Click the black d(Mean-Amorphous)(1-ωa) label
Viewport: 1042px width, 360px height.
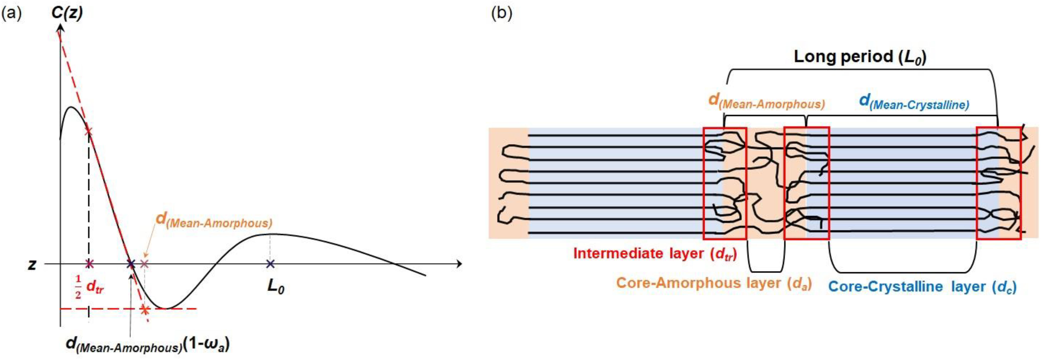(148, 344)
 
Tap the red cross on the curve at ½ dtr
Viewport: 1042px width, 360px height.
(88, 132)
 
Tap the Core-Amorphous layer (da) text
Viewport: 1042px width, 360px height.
(714, 283)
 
